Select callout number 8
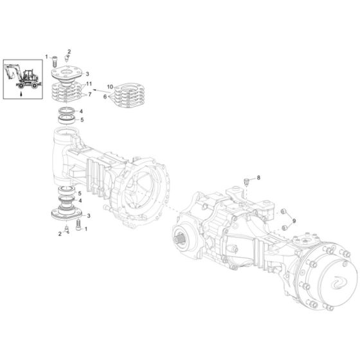pos(258,177)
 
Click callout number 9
pos(294,221)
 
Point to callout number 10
pos(110,85)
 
